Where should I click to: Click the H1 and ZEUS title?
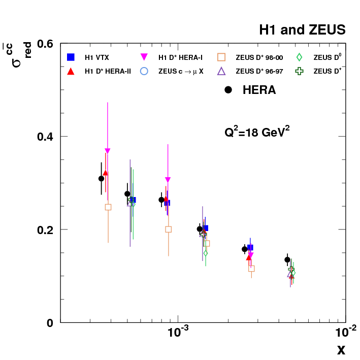coord(302,30)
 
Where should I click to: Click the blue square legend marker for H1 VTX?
coord(72,57)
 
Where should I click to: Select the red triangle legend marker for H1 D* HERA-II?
coord(72,72)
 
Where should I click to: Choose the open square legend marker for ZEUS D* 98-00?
coord(221,57)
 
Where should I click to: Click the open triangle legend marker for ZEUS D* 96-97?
coord(221,72)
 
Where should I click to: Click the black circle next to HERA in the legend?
coord(228,90)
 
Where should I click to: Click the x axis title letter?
coord(341,350)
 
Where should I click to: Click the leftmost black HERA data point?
coord(102,178)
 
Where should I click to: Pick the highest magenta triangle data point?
coord(107,151)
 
